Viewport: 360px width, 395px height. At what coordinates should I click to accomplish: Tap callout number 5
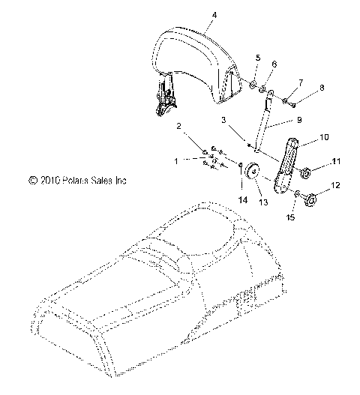coord(258,58)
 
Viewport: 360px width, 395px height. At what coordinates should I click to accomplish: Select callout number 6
coord(274,65)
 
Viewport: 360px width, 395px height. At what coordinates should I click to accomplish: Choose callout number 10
coord(303,138)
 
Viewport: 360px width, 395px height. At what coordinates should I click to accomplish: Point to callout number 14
coord(242,199)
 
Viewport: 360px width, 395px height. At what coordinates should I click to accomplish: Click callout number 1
coord(177,161)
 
